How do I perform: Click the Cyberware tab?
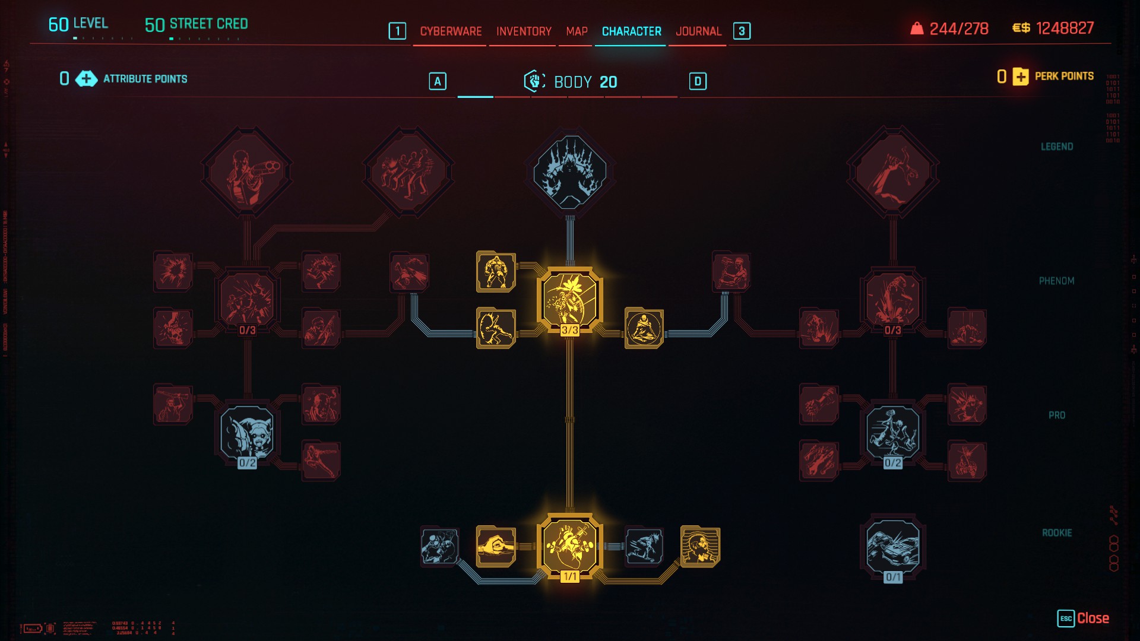point(451,31)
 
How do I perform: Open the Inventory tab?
point(524,31)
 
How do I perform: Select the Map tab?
point(577,31)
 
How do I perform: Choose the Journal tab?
point(698,31)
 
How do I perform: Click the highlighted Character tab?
point(631,31)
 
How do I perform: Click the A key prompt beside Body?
point(438,82)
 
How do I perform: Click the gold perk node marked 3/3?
point(569,300)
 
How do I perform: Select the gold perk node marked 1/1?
point(569,546)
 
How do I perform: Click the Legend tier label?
point(1057,147)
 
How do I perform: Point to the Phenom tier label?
point(1056,281)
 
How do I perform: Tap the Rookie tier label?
point(1057,533)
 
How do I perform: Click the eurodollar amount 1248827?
point(1065,28)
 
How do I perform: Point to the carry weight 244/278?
point(958,28)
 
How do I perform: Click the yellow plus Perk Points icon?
point(1021,77)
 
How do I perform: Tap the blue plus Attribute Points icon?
point(86,79)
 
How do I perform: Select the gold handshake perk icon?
point(495,546)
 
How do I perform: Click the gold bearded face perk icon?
point(700,546)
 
